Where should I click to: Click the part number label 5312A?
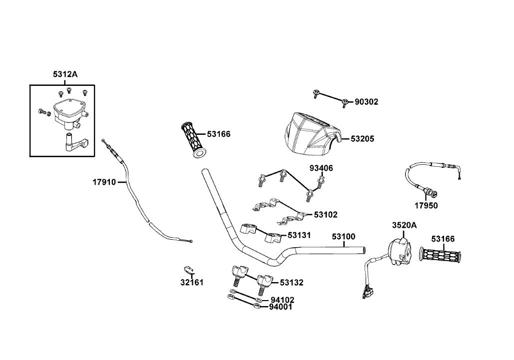(x=65, y=74)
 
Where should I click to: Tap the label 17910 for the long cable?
(x=104, y=182)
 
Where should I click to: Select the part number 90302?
(x=367, y=102)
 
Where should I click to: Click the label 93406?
(x=321, y=168)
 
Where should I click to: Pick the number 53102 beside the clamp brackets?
(x=326, y=215)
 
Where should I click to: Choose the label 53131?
(x=299, y=235)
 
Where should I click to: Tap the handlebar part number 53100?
(x=343, y=237)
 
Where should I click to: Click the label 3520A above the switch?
(x=405, y=225)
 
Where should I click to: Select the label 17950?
(x=426, y=206)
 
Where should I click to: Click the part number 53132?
(x=291, y=283)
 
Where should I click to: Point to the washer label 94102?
(x=282, y=300)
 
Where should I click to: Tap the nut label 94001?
(x=281, y=307)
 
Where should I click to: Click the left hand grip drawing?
(x=194, y=140)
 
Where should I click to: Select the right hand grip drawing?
(x=440, y=255)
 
